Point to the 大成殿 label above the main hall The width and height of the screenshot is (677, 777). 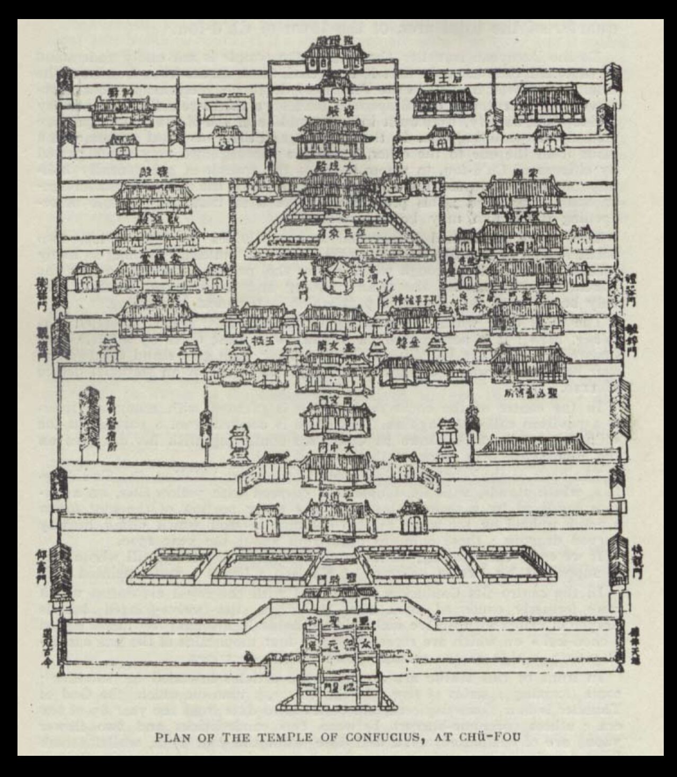tap(337, 165)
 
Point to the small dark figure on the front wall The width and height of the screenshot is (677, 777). tap(247, 658)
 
